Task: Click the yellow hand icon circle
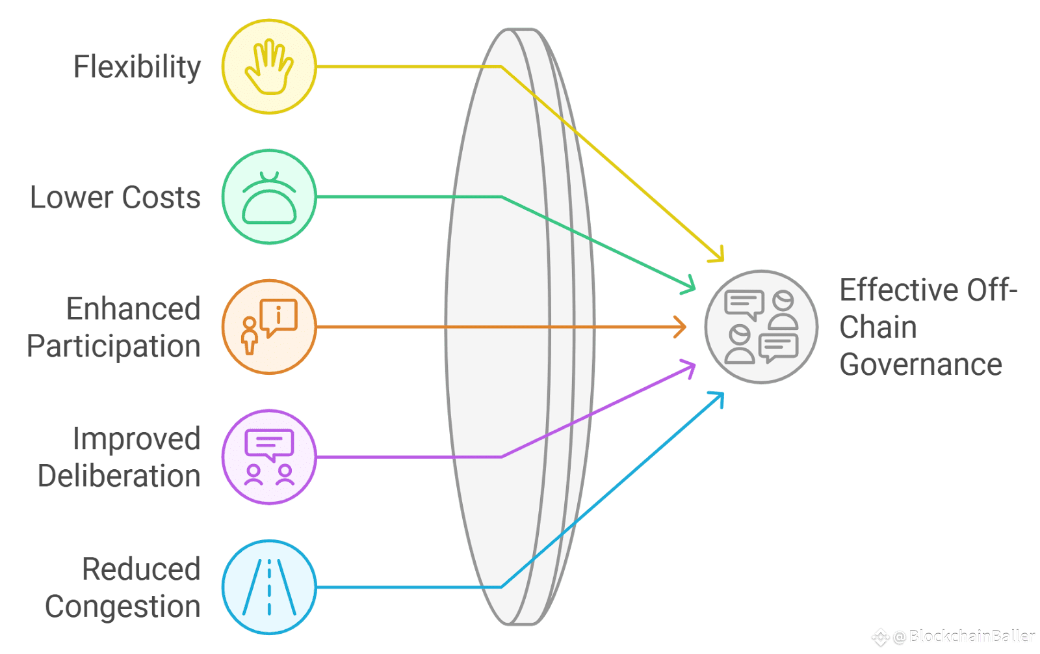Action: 269,66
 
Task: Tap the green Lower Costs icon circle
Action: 269,197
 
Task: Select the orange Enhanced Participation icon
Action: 269,327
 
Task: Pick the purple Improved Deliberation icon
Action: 269,457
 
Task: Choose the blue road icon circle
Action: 269,587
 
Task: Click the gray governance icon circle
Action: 761,327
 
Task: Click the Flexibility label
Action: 136,67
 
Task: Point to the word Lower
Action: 71,198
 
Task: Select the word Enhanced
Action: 133,309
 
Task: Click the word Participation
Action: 114,346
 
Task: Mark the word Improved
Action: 136,439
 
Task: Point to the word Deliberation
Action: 119,476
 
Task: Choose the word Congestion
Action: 122,606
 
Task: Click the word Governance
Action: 920,364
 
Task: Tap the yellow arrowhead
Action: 718,255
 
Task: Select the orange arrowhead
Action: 681,327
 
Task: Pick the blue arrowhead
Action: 718,397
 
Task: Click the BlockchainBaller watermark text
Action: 972,636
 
